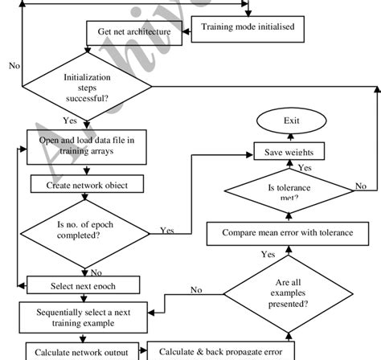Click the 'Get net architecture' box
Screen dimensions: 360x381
coord(134,33)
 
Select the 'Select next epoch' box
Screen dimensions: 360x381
coord(84,284)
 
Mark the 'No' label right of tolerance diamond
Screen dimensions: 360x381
coord(361,186)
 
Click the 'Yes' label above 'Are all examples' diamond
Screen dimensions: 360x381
coord(268,253)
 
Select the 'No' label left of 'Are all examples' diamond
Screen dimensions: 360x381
coord(195,289)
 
